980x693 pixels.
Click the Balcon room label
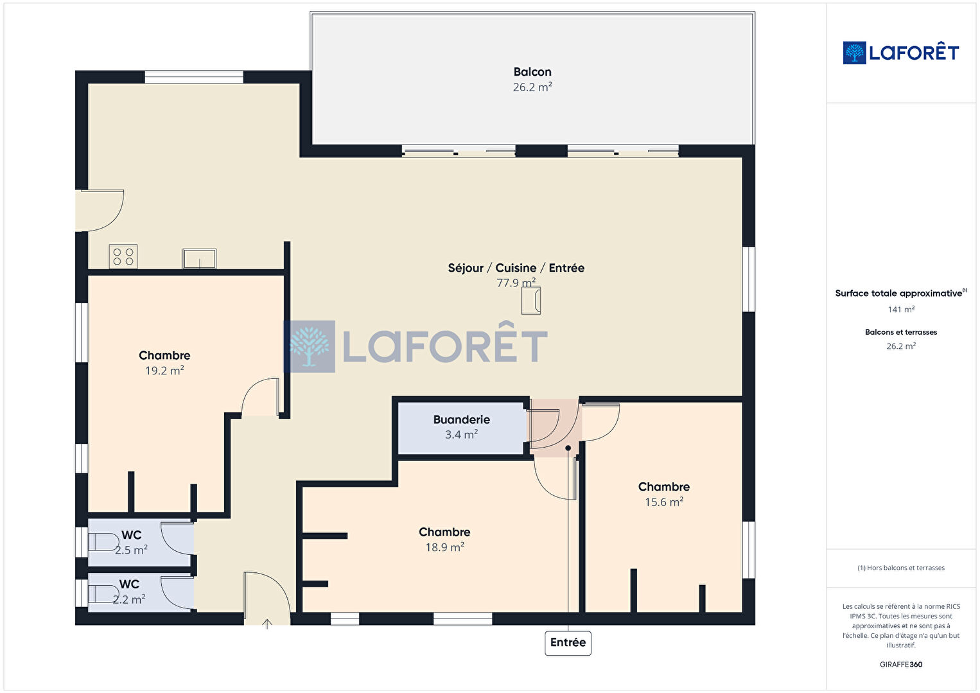[x=532, y=72]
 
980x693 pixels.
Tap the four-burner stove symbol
[x=123, y=256]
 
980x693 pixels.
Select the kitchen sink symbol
[x=200, y=258]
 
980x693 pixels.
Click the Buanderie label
[x=461, y=419]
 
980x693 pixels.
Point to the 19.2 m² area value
[x=164, y=371]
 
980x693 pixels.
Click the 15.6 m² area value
[x=663, y=502]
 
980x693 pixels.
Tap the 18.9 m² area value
[x=444, y=547]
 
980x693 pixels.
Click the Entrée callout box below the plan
[x=568, y=643]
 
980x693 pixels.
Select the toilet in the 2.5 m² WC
[x=103, y=542]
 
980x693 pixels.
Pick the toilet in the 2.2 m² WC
[x=103, y=594]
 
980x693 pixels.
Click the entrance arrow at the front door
[x=267, y=624]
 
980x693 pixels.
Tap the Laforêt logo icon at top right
[x=854, y=53]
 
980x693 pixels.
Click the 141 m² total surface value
[x=901, y=310]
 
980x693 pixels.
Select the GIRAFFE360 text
[x=901, y=664]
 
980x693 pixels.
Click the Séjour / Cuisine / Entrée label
[x=516, y=268]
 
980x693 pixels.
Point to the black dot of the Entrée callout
[x=568, y=448]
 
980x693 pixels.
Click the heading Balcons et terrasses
[x=901, y=332]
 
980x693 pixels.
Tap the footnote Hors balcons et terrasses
[x=901, y=568]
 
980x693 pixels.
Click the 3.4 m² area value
[x=461, y=434]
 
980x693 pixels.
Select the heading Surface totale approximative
[x=898, y=293]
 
